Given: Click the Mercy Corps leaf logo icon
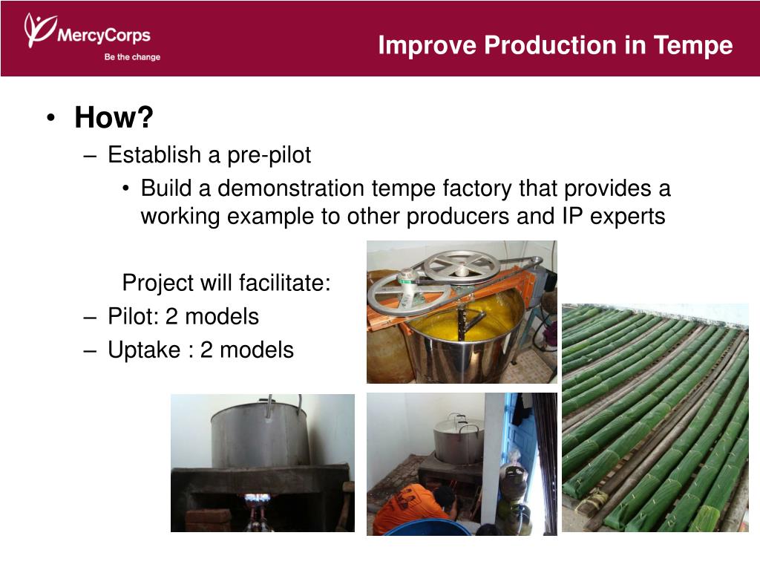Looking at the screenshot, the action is [x=40, y=29].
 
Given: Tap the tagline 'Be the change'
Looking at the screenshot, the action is [x=132, y=56].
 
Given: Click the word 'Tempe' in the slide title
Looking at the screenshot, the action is [x=693, y=45].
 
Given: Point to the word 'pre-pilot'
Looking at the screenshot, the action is [x=269, y=155].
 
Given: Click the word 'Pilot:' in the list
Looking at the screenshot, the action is [x=134, y=316].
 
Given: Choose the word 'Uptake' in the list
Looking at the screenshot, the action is [x=144, y=350].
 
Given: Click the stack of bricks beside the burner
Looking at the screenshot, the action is [x=208, y=520].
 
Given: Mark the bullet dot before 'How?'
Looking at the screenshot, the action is [x=51, y=118].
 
